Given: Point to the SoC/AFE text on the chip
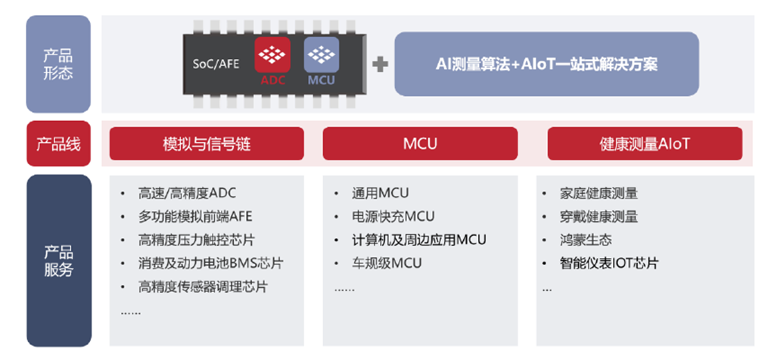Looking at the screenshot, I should pos(216,64).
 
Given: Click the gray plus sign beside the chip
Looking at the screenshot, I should pos(381,64).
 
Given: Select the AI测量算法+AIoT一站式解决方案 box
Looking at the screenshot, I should pos(546,64).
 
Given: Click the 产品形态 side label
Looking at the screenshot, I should pos(58,64).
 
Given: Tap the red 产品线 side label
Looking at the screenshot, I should pos(58,143).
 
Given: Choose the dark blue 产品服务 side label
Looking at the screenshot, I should pos(58,260).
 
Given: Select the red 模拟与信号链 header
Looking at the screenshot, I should pos(206,143).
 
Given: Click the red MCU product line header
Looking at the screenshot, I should pos(420,143).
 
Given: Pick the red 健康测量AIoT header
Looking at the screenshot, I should pos(645,143).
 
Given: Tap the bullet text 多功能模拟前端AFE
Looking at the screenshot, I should pos(195,216).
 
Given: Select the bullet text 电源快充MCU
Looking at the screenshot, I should pos(393,216).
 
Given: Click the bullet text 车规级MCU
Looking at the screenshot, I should pos(387,263).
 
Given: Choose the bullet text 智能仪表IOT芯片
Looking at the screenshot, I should pos(609,263).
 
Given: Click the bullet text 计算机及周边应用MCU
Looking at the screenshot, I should pos(418,240).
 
